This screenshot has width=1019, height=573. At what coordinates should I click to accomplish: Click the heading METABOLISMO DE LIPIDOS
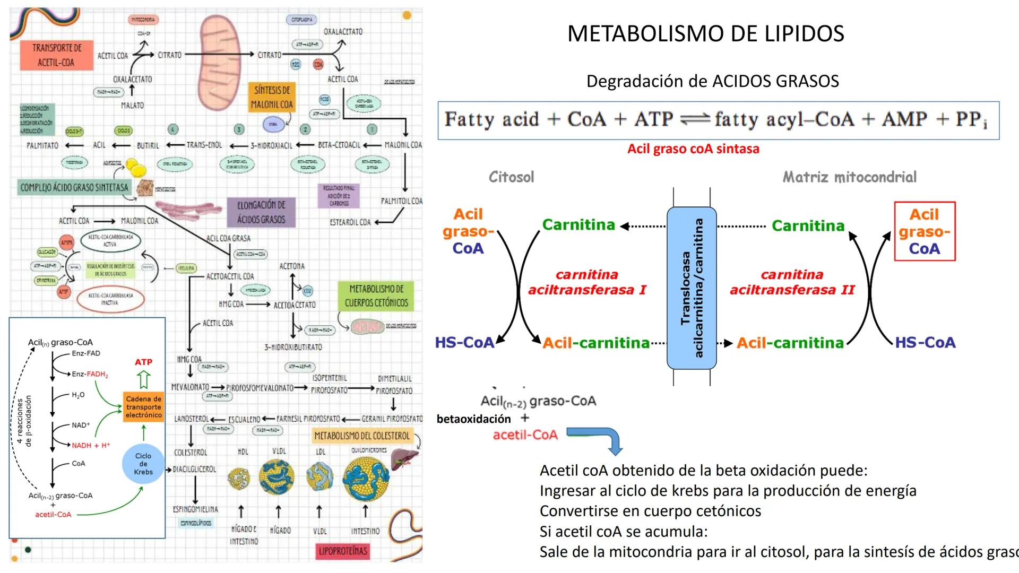click(705, 33)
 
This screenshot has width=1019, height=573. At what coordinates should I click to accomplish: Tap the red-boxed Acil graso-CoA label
click(925, 231)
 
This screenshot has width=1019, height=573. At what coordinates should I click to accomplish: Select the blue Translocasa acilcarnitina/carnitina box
click(692, 288)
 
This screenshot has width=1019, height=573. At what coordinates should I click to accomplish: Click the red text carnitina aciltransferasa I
click(586, 282)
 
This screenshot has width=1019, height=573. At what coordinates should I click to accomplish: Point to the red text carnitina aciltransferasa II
click(792, 282)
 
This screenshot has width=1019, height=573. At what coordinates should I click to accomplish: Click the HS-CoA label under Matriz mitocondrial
click(925, 343)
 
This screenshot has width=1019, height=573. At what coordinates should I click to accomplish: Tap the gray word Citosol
click(511, 177)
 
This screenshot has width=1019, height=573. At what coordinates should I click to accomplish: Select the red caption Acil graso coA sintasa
click(693, 149)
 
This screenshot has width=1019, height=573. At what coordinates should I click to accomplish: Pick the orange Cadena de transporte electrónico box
click(143, 407)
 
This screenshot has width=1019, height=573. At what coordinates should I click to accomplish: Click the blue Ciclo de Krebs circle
click(143, 464)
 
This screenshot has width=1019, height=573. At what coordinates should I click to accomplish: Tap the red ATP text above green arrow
click(143, 362)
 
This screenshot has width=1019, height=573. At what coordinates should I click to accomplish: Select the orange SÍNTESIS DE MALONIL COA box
click(272, 97)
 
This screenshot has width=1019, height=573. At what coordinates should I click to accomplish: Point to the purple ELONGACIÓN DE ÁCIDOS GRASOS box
click(261, 212)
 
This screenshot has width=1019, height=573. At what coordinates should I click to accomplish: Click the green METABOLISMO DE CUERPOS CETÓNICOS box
click(376, 296)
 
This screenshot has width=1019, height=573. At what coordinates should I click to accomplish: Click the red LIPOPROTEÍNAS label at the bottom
click(342, 551)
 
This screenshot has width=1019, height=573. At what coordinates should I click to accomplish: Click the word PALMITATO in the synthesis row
click(42, 145)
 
